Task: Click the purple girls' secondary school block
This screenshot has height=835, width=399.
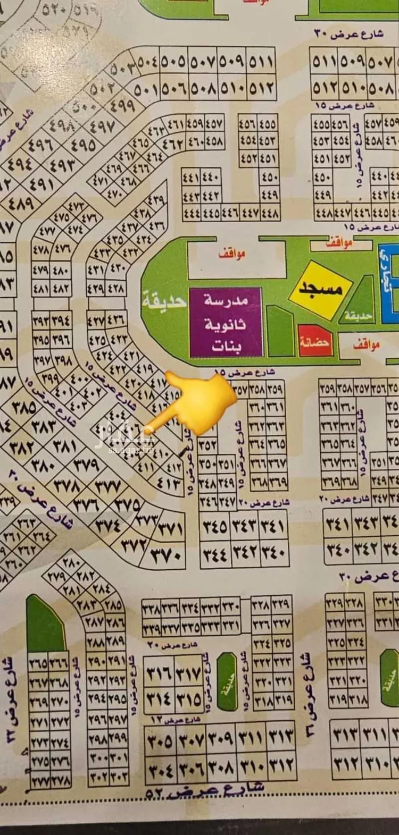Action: tap(226, 322)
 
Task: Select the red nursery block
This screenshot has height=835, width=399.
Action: tap(316, 340)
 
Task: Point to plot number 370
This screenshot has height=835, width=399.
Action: tap(167, 556)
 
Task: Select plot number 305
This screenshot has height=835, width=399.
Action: tap(160, 740)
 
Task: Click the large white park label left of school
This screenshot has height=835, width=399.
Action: tap(165, 301)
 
